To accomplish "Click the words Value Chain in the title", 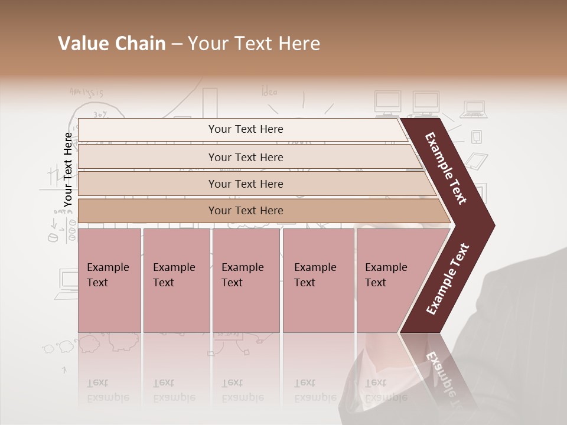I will pyautogui.click(x=112, y=44).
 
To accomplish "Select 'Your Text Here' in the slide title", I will pyautogui.click(x=254, y=44).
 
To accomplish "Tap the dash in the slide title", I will pyautogui.click(x=177, y=44).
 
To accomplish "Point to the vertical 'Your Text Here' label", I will pyautogui.click(x=68, y=169).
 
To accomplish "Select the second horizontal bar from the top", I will pyautogui.click(x=245, y=157).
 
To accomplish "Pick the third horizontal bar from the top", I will pyautogui.click(x=245, y=184).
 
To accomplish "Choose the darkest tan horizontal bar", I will pyautogui.click(x=245, y=211).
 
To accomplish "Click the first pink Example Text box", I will pyautogui.click(x=109, y=280).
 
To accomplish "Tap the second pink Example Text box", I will pyautogui.click(x=176, y=280).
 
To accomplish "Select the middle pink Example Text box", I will pyautogui.click(x=246, y=280).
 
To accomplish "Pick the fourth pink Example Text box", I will pyautogui.click(x=318, y=280).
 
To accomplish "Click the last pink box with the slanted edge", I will pyautogui.click(x=390, y=280).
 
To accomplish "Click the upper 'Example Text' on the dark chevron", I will pyautogui.click(x=447, y=168).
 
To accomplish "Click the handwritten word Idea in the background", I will pyautogui.click(x=269, y=91).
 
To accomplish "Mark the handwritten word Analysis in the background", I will pyautogui.click(x=86, y=92).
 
